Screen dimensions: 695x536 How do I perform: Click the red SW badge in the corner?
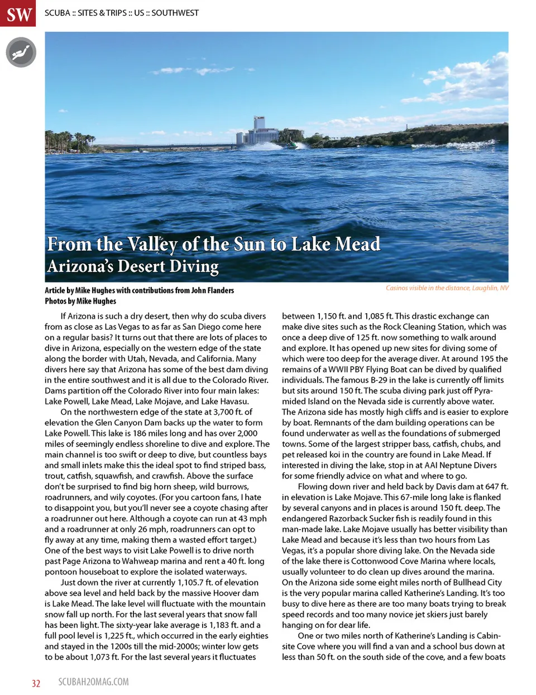(x=20, y=13)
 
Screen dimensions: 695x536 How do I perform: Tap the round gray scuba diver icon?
(x=21, y=52)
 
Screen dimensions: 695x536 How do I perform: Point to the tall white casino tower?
(x=260, y=128)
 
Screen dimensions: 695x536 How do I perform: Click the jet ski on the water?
(x=291, y=146)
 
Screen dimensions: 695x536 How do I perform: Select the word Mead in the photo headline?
(x=358, y=245)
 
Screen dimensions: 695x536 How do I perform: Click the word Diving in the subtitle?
(x=193, y=266)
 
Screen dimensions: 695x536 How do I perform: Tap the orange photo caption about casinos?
(x=447, y=288)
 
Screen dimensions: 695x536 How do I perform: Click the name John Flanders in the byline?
(x=212, y=290)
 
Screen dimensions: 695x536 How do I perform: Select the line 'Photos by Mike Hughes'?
(x=80, y=301)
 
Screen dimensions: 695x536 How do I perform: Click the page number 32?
(x=36, y=683)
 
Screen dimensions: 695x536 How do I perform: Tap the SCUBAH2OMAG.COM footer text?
(x=93, y=682)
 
